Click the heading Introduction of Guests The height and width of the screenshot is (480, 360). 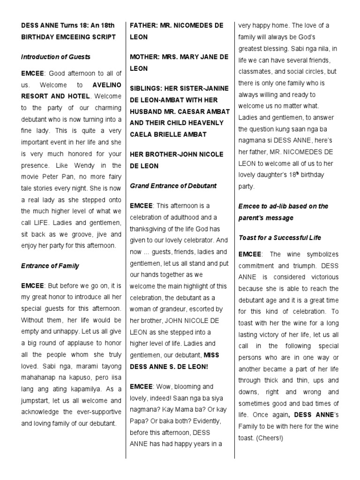coord(56,57)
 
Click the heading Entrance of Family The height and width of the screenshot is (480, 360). coord(50,266)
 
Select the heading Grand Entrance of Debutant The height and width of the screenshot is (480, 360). coord(173,186)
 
